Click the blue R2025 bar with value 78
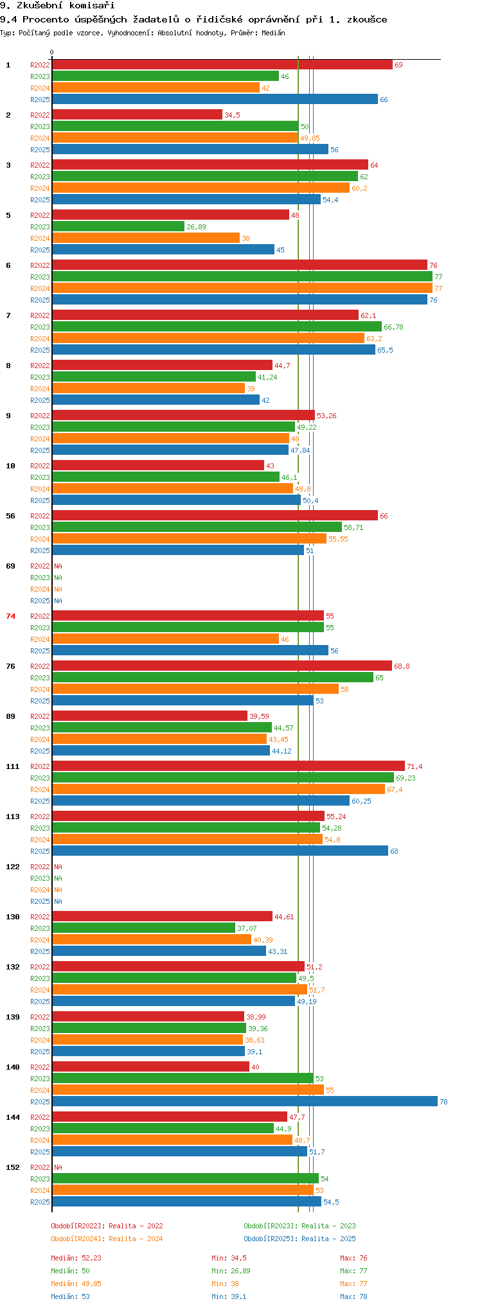[245, 1101]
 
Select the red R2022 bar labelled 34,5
[138, 114]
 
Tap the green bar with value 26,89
[118, 226]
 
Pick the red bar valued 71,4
[229, 766]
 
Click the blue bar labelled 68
[220, 851]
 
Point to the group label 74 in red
[11, 616]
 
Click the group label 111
[13, 766]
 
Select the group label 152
[13, 1167]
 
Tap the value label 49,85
[310, 138]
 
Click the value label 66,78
[393, 327]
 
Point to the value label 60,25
[361, 801]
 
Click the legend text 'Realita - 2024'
[136, 1239]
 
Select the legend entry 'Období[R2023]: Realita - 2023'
[299, 1226]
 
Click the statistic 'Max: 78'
[353, 1296]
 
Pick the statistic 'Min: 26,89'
[229, 1271]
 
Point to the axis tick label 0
[52, 53]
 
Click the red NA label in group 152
[58, 1167]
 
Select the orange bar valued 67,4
[219, 789]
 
